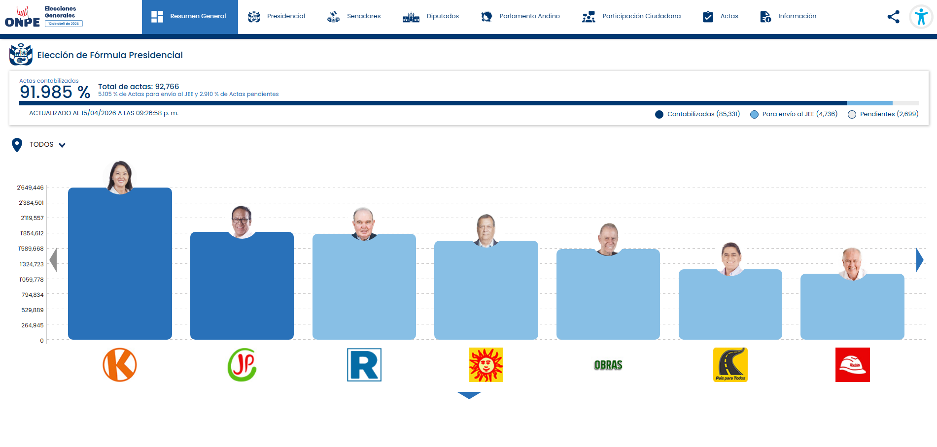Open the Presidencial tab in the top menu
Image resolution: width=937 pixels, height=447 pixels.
pos(277,16)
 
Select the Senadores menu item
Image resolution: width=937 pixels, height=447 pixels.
pos(354,16)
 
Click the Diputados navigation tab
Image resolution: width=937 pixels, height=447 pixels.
pos(431,16)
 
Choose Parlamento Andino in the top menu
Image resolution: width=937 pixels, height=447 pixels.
pos(521,16)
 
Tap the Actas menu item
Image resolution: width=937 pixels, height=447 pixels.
pos(720,16)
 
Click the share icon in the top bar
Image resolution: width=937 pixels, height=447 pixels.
pos(893,17)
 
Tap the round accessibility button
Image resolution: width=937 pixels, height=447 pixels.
pos(921,17)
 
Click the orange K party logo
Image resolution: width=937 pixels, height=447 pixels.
pos(120,365)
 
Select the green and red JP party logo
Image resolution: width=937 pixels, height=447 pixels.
pos(242,365)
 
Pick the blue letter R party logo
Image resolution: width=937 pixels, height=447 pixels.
pos(364,365)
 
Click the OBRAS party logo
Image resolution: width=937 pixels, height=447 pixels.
pos(608,365)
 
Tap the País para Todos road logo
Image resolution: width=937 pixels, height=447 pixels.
pos(730,365)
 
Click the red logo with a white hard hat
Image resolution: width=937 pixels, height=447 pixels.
pos(853,365)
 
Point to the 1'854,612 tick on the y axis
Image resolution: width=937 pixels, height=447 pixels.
pos(32,233)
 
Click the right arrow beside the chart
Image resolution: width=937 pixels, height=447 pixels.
pos(920,260)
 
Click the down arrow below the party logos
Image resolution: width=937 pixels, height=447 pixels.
pos(469,395)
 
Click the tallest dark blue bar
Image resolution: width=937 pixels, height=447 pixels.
pos(120,263)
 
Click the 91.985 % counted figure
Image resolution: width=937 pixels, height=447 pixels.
pos(55,92)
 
